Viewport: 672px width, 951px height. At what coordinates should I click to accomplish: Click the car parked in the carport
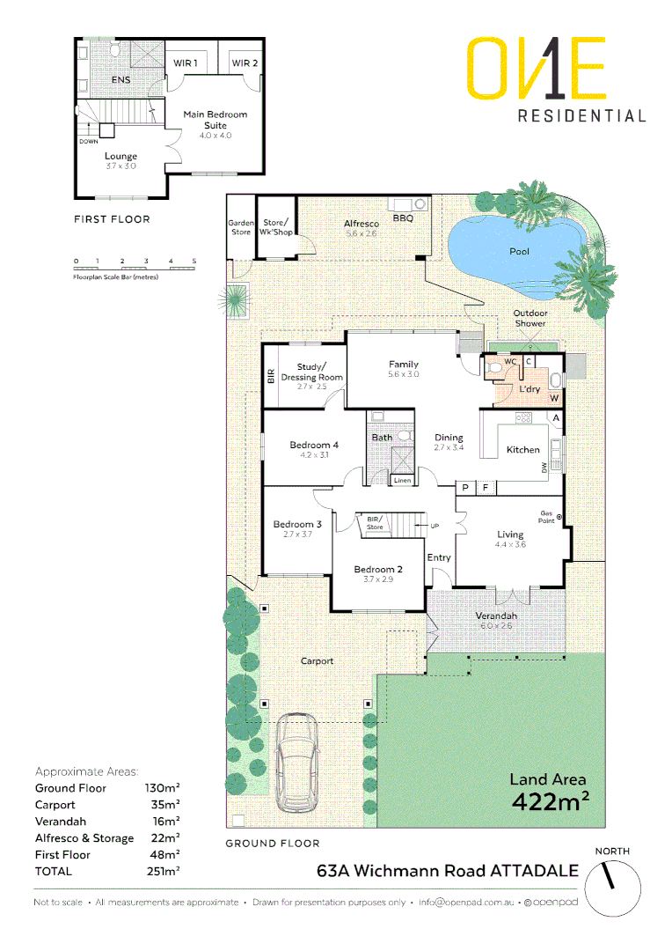pyautogui.click(x=296, y=763)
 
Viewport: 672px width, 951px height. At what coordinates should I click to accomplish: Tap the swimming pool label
pyautogui.click(x=520, y=252)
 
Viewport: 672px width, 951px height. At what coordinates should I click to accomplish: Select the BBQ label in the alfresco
pyautogui.click(x=403, y=217)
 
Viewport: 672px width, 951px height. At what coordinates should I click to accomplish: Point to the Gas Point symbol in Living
pyautogui.click(x=559, y=518)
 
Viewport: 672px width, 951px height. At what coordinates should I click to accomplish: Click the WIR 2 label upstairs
pyautogui.click(x=244, y=63)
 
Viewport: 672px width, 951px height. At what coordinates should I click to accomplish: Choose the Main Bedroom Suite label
pyautogui.click(x=215, y=120)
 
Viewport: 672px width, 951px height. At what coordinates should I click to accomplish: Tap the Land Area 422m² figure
pyautogui.click(x=549, y=792)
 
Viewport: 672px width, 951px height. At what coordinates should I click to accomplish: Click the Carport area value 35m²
pyautogui.click(x=162, y=805)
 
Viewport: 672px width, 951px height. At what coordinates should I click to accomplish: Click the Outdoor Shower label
pyautogui.click(x=530, y=318)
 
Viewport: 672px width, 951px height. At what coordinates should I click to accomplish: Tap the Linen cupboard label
pyautogui.click(x=402, y=481)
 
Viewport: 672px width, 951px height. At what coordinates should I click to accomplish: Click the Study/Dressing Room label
pyautogui.click(x=311, y=372)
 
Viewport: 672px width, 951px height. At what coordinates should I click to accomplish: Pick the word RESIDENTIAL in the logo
pyautogui.click(x=581, y=115)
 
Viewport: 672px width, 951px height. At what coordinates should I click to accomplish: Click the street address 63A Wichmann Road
pyautogui.click(x=448, y=871)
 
